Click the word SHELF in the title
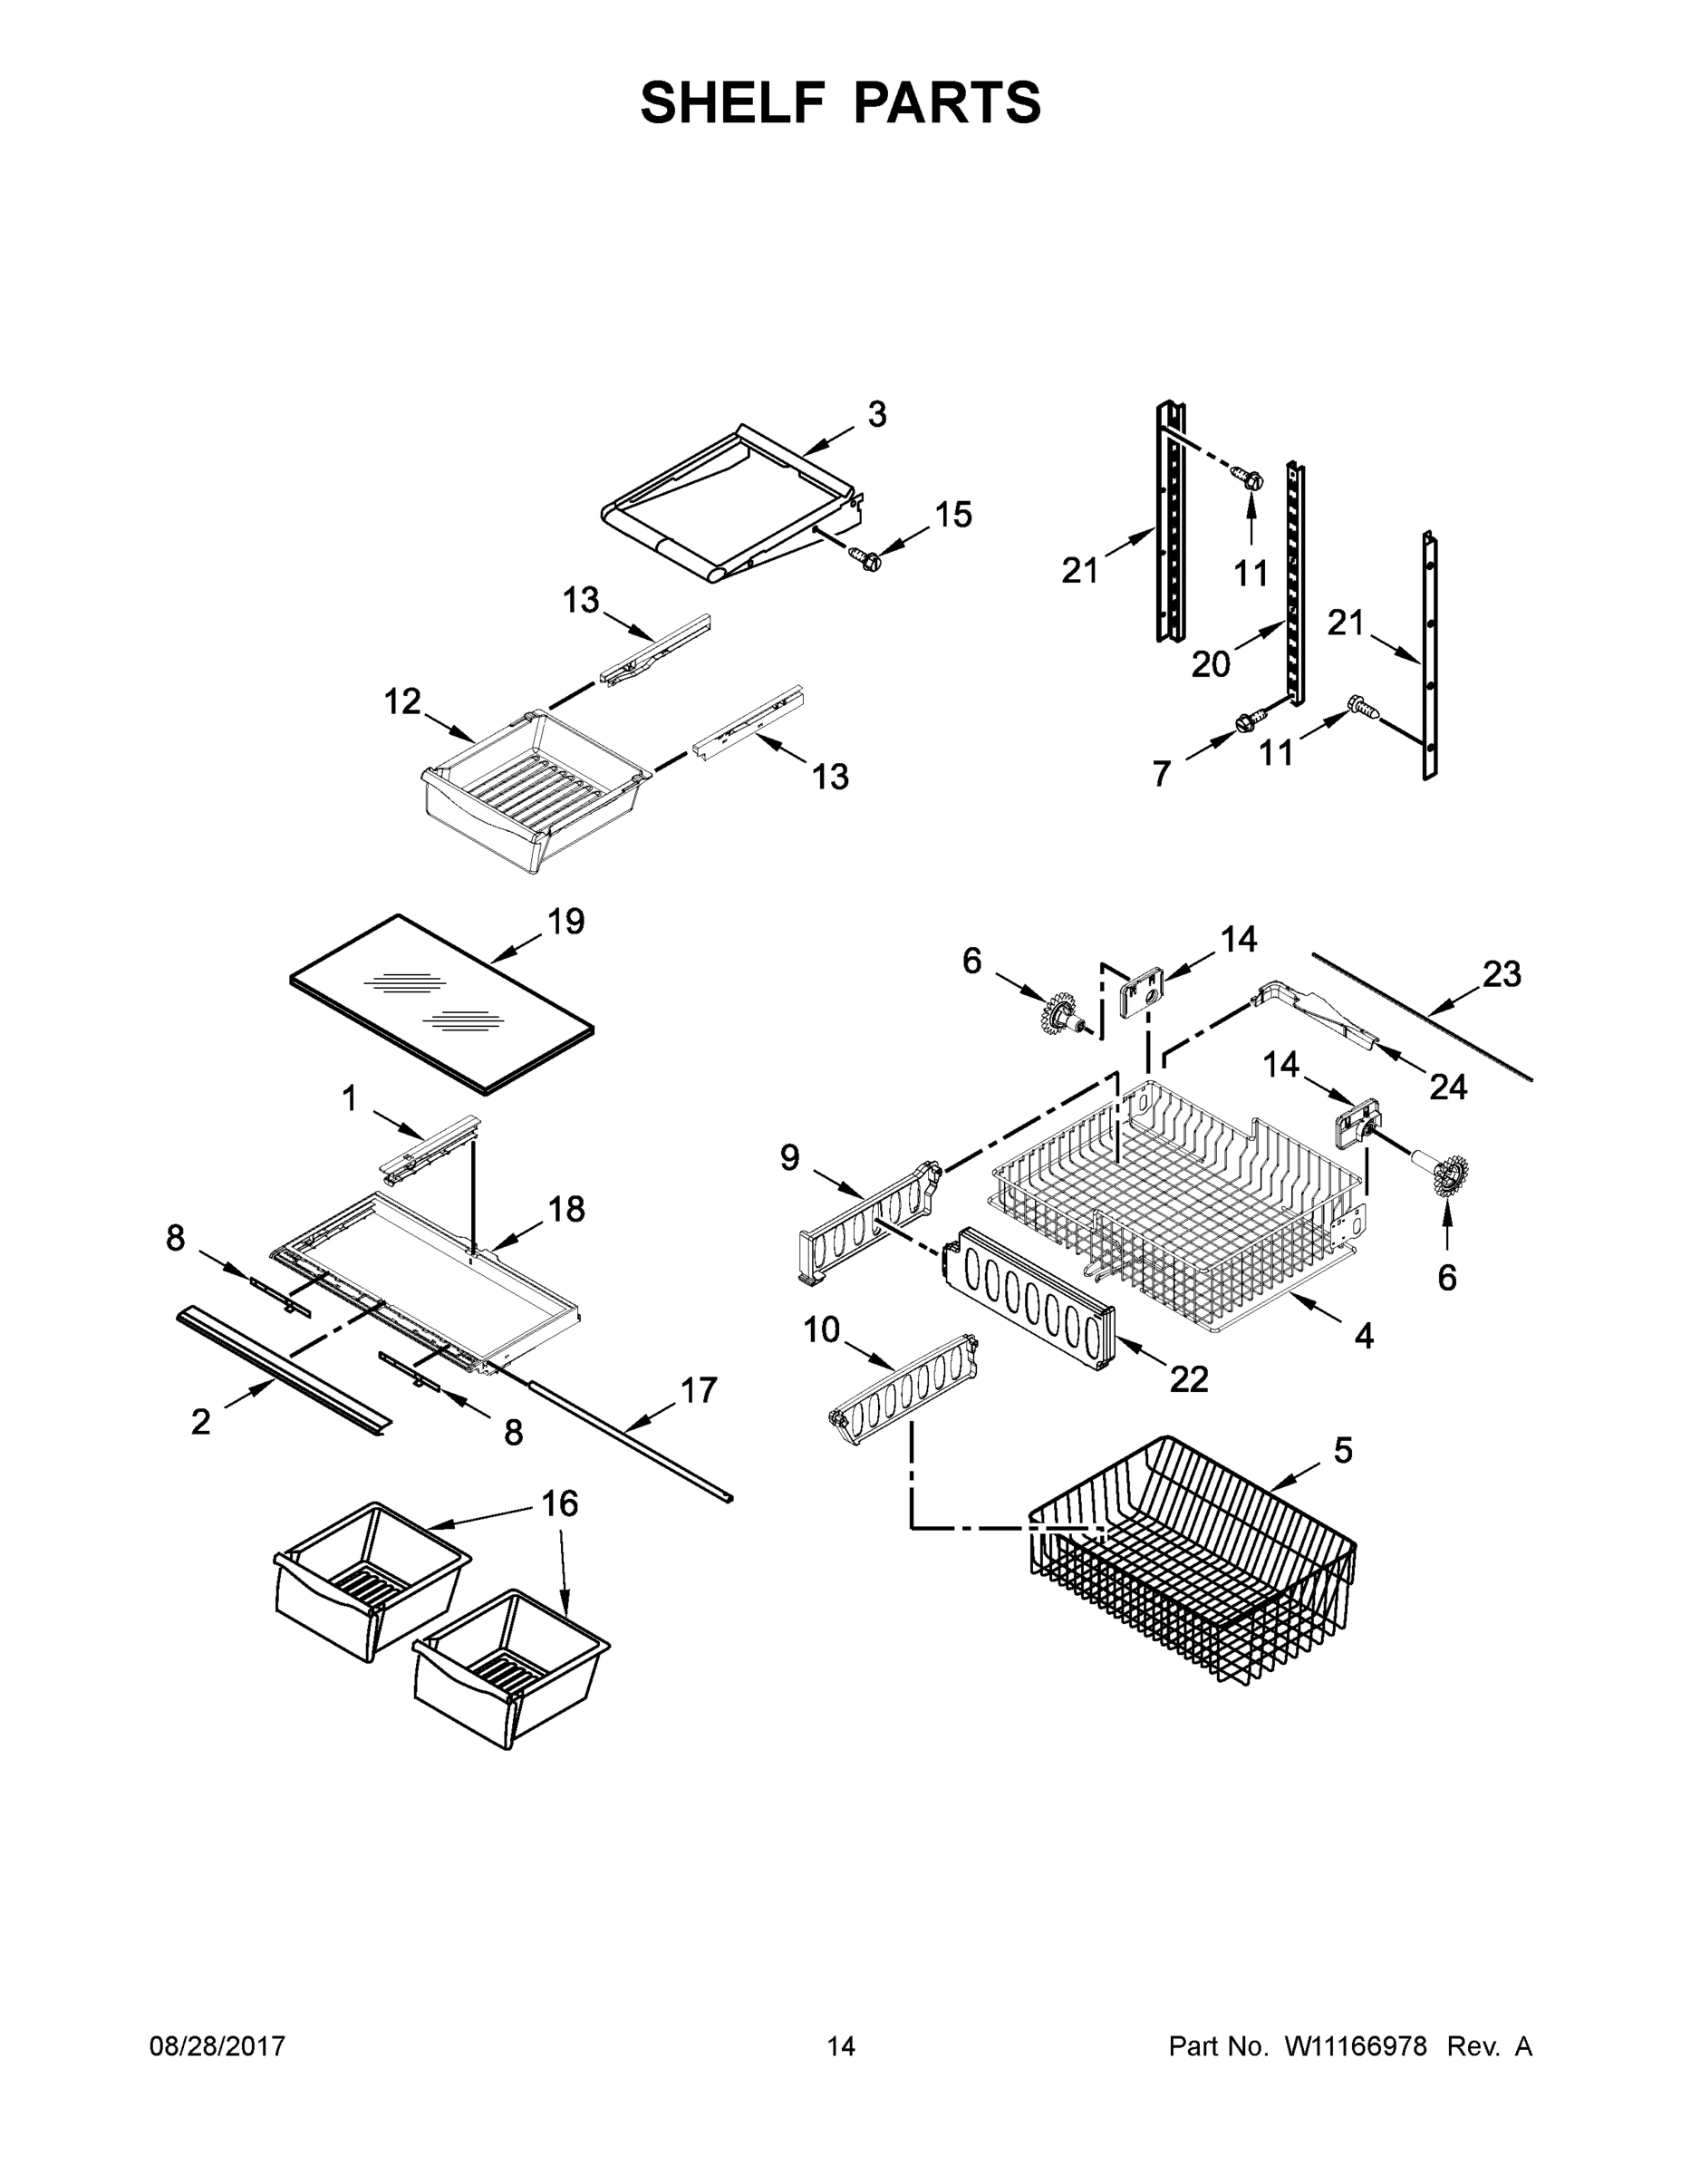coord(733,102)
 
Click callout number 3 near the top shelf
coord(875,414)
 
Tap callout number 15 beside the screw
coord(952,515)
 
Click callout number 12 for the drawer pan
coord(402,702)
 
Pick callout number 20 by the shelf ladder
coord(1210,663)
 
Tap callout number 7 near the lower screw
coord(1160,774)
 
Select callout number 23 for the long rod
coord(1501,973)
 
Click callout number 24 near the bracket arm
coord(1447,1087)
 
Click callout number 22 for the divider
coord(1188,1379)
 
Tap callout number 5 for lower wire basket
coord(1342,1451)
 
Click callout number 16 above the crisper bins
coord(560,1503)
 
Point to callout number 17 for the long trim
coord(697,1389)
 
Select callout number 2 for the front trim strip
coord(200,1422)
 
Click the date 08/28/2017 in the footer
coord(217,2046)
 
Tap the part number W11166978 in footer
coord(1356,2046)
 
